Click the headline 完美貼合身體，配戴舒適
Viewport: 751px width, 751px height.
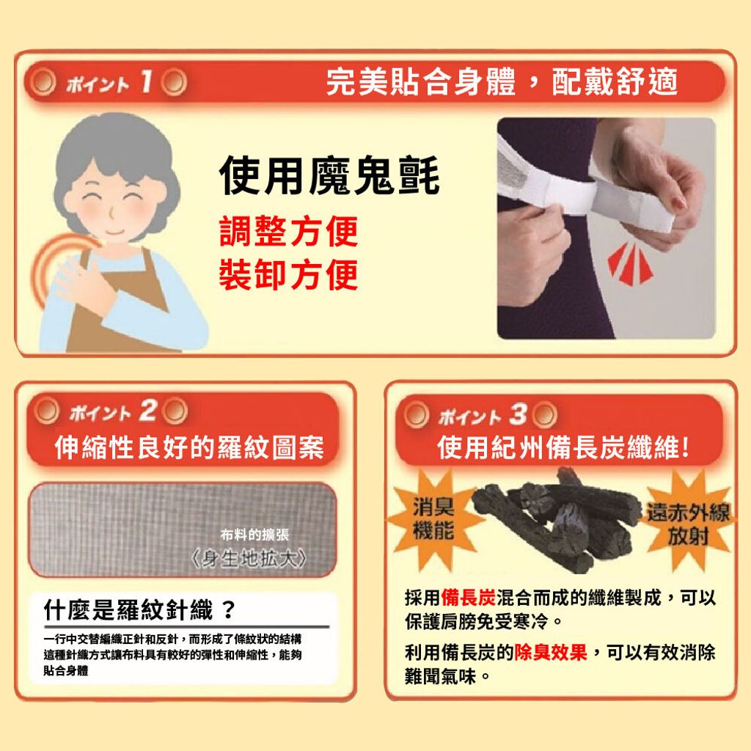pos(502,81)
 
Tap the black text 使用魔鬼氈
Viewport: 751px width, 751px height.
pos(329,176)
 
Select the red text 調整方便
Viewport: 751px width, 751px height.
pos(289,231)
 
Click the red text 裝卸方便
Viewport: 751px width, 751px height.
pos(289,274)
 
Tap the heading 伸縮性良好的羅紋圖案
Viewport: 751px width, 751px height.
pos(189,447)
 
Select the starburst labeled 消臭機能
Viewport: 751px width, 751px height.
pos(434,519)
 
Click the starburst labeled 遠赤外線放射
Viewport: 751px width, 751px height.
pos(688,523)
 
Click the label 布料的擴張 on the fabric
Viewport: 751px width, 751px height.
pos(254,535)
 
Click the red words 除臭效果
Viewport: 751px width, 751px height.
pos(551,652)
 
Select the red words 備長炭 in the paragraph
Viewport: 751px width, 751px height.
pos(469,597)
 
